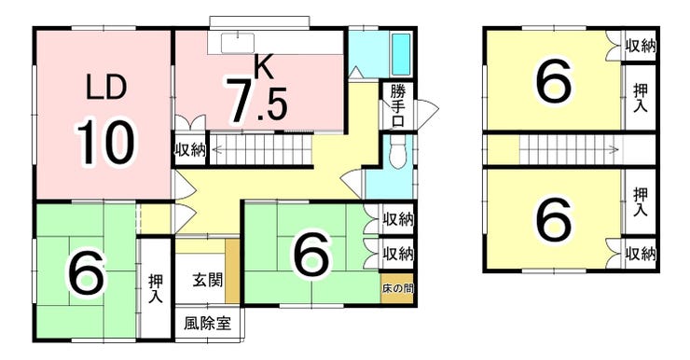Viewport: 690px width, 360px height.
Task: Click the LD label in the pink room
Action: [x=106, y=87]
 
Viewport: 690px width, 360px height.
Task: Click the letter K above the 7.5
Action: [x=263, y=67]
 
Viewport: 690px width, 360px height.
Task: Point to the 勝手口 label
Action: [x=397, y=105]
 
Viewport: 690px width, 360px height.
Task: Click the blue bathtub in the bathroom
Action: [x=401, y=54]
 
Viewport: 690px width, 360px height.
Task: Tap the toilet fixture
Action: [x=398, y=152]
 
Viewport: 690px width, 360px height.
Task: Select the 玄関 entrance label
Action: [x=208, y=280]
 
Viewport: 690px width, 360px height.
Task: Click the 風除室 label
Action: [x=207, y=325]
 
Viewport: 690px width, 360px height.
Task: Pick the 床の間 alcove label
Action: [x=397, y=289]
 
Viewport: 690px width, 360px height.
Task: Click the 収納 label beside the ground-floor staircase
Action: [x=191, y=150]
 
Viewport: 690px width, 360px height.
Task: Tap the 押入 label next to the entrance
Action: [x=156, y=288]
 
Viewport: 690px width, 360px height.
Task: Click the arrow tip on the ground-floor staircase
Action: [x=213, y=149]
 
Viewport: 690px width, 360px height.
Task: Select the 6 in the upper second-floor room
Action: [x=554, y=80]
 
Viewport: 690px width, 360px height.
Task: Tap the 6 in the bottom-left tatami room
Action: [x=87, y=274]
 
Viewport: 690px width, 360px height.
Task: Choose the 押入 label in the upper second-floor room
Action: [x=641, y=98]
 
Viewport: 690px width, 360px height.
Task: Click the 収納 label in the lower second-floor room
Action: [x=642, y=254]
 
